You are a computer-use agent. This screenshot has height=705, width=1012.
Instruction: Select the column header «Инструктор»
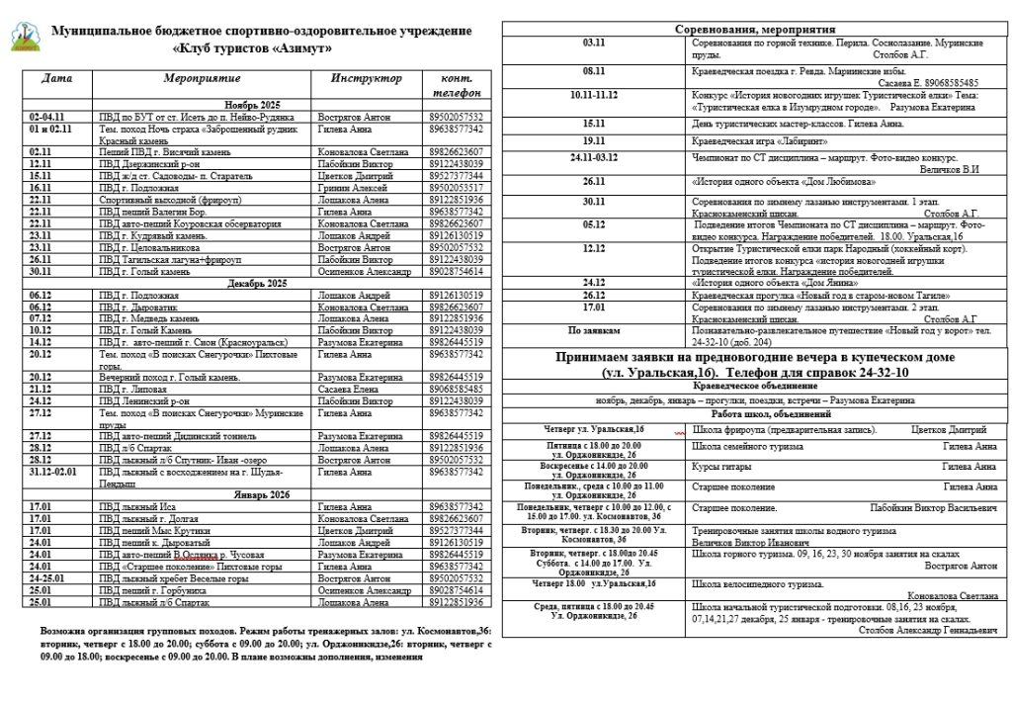[x=367, y=77]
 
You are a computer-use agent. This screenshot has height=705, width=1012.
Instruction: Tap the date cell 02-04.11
[x=48, y=117]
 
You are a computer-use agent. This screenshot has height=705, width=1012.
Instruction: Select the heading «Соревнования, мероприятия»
[x=752, y=30]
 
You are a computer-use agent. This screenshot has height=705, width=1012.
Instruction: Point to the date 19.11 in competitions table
[x=593, y=141]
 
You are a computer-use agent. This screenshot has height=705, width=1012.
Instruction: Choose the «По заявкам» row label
[x=594, y=330]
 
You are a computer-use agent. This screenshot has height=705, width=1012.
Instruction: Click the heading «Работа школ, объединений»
[x=752, y=414]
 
